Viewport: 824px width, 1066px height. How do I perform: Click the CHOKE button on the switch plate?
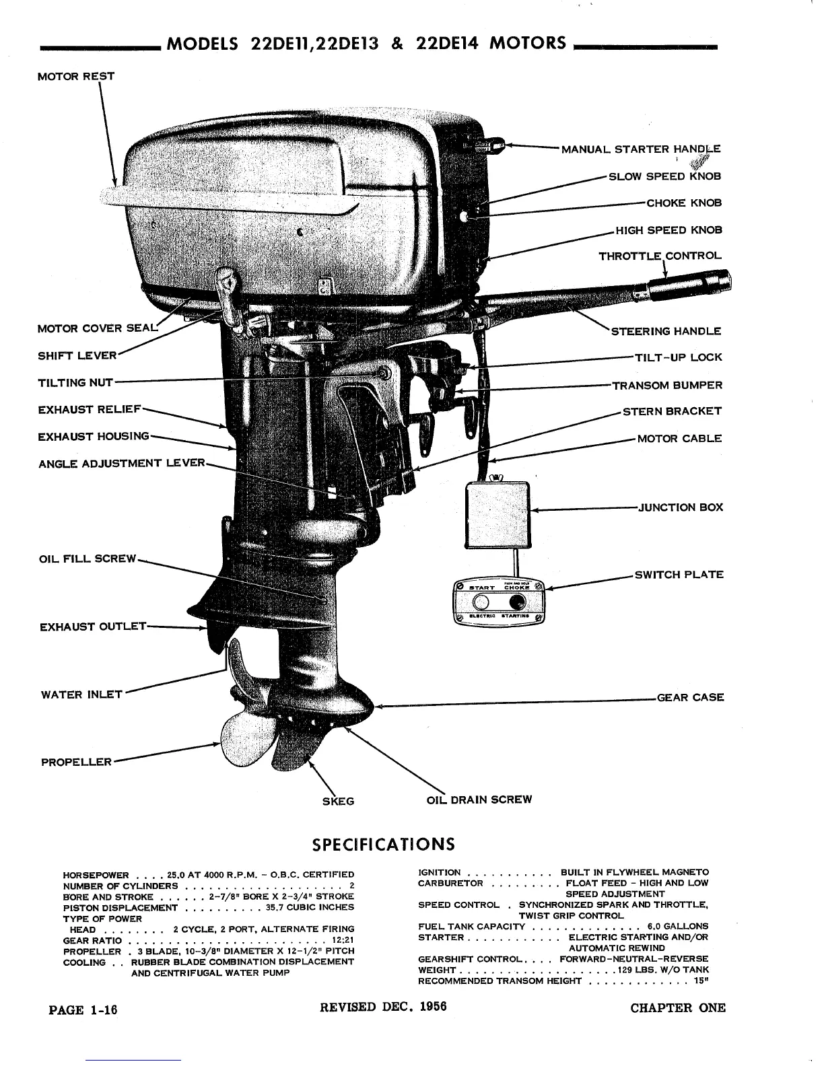pyautogui.click(x=518, y=601)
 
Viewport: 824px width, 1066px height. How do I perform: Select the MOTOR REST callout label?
pyautogui.click(x=75, y=76)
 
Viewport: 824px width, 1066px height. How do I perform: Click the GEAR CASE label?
pyautogui.click(x=690, y=697)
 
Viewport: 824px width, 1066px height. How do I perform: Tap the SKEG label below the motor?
pyautogui.click(x=339, y=801)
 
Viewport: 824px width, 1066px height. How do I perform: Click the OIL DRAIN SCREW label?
pyautogui.click(x=479, y=799)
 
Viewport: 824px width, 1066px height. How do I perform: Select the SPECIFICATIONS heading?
pyautogui.click(x=382, y=844)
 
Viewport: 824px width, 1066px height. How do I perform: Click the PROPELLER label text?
pyautogui.click(x=76, y=762)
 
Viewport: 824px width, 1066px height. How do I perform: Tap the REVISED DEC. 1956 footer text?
pyautogui.click(x=383, y=1007)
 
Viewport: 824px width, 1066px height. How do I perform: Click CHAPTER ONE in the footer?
pyautogui.click(x=678, y=1007)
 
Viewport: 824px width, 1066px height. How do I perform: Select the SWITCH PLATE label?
pyautogui.click(x=679, y=575)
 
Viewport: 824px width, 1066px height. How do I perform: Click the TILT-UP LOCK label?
pyautogui.click(x=678, y=357)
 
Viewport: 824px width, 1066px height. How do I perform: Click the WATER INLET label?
pyautogui.click(x=81, y=695)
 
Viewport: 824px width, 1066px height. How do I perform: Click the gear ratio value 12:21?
pyautogui.click(x=343, y=940)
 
